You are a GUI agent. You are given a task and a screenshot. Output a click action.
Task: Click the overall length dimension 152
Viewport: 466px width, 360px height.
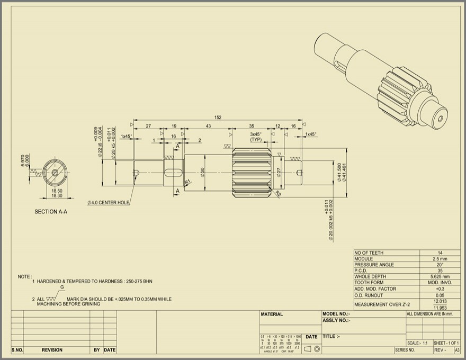[218, 117]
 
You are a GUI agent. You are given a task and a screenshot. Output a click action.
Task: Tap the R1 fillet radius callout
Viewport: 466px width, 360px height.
[187, 182]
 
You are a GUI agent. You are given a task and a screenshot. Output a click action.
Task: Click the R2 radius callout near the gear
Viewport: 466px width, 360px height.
[277, 194]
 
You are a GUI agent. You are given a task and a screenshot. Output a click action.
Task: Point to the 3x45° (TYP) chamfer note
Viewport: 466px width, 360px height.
[256, 137]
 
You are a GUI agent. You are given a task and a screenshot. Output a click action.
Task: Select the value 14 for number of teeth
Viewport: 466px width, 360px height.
[440, 253]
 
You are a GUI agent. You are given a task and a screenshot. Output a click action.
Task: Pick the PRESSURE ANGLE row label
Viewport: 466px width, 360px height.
[374, 265]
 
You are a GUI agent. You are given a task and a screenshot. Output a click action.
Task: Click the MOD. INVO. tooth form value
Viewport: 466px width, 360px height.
[440, 283]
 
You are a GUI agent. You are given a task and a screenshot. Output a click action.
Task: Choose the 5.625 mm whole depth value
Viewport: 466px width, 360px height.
[440, 276]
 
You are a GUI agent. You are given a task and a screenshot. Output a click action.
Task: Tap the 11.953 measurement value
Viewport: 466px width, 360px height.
[440, 308]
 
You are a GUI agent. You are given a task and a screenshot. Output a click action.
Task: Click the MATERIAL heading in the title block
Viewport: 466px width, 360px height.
[272, 314]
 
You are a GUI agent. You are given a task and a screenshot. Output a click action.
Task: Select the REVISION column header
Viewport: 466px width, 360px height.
[52, 350]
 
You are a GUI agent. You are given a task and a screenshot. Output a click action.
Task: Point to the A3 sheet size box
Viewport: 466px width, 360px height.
[457, 350]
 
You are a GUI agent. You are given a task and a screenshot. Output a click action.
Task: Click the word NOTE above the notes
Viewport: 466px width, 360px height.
[24, 276]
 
